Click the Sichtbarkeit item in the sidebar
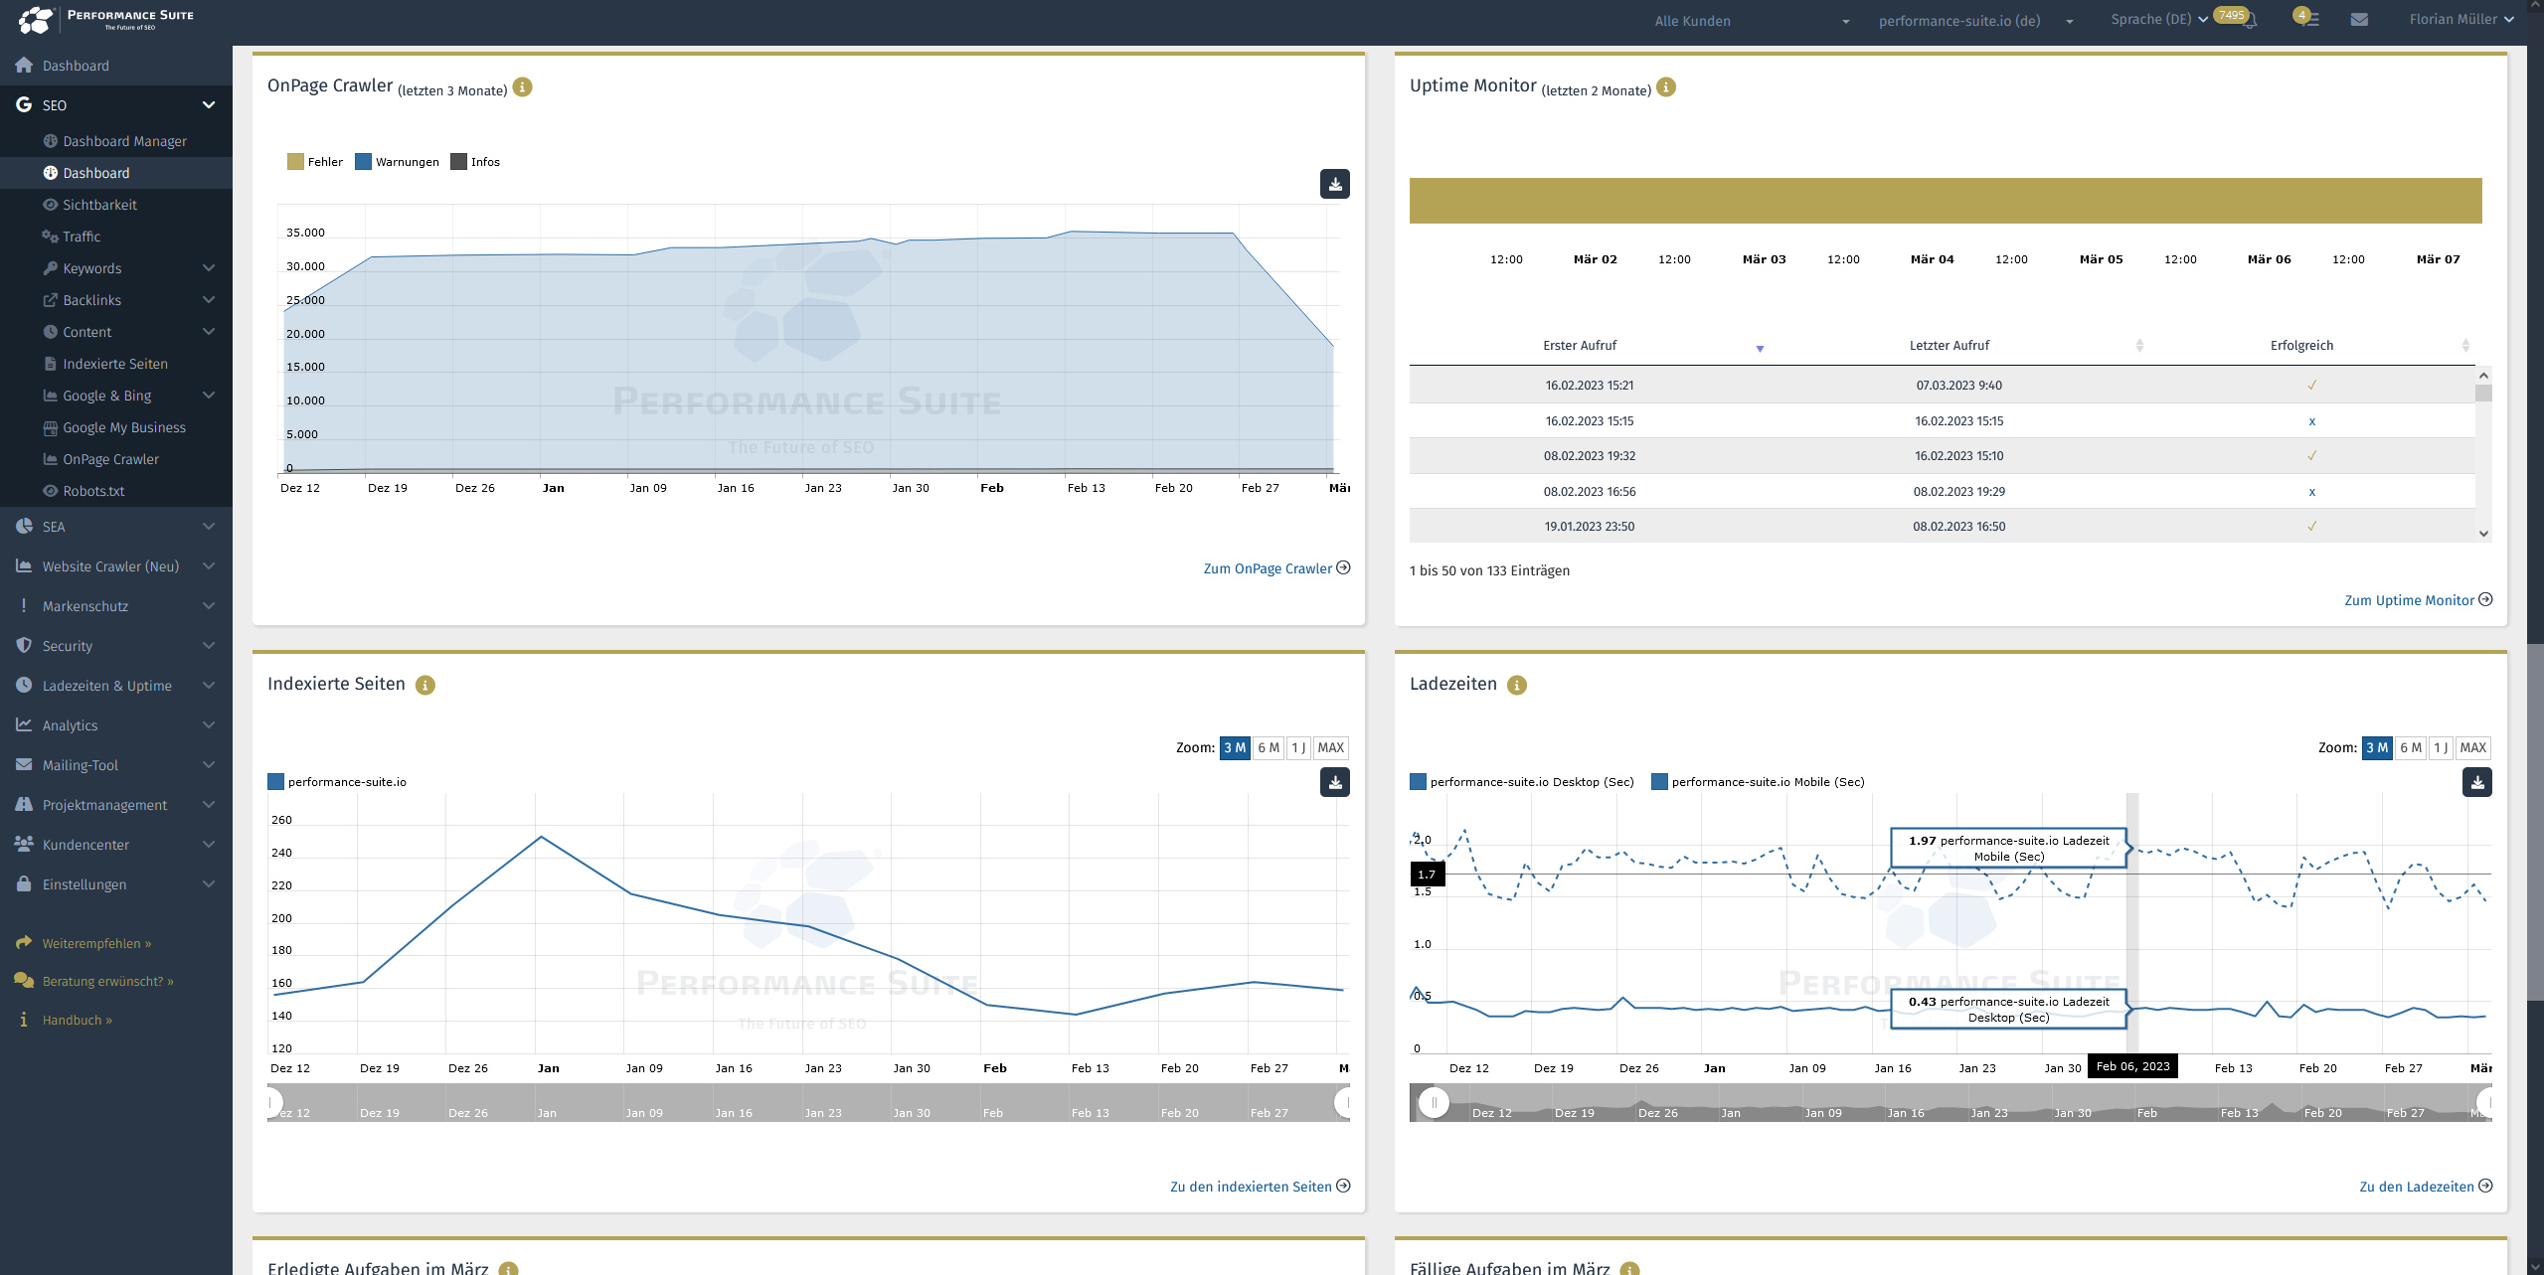pos(99,205)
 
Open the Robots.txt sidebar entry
pos(93,491)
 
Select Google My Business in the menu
pos(123,427)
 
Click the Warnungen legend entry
pos(398,162)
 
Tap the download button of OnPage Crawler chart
pos(1334,184)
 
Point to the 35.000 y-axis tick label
pos(305,233)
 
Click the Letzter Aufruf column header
pos(1949,346)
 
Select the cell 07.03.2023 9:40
pos(1958,386)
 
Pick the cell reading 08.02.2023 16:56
pos(1589,492)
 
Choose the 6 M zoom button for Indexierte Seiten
pos(1268,747)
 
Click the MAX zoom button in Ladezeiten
pos(2471,747)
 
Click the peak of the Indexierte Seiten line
pos(541,837)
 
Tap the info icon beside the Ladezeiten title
pos(1516,685)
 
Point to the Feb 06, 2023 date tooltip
pos(2131,1066)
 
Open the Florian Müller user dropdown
pos(2460,20)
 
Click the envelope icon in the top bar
pos(2358,20)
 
